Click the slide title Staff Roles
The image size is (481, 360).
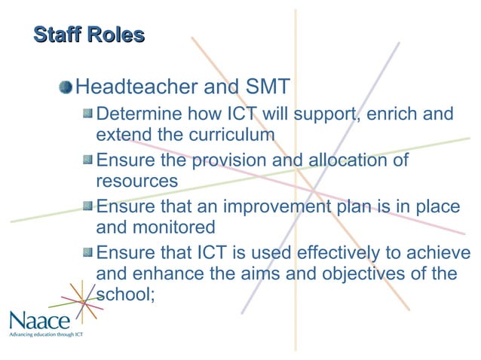[x=89, y=35]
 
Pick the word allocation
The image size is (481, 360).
[x=347, y=160]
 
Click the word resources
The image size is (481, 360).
[x=137, y=182]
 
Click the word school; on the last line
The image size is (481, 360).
[x=125, y=294]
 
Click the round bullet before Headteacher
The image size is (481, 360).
[x=67, y=87]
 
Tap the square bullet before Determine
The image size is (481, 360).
[x=87, y=114]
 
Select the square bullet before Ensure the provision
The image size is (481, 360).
[x=87, y=160]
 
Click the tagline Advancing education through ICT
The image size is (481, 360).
[x=45, y=334]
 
